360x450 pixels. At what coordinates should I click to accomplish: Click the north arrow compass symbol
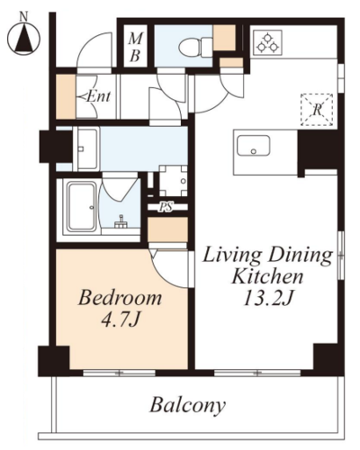tap(23, 39)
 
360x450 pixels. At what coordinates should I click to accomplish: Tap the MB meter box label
tap(135, 47)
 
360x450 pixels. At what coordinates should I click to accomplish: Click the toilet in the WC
tap(195, 47)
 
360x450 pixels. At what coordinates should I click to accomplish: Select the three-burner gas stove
tap(267, 42)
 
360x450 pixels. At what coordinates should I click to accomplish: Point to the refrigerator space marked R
tap(317, 110)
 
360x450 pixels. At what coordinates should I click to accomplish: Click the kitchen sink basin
tap(254, 146)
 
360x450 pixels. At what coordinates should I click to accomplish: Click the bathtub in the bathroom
tap(82, 207)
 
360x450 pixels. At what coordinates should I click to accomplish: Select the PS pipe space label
tap(166, 206)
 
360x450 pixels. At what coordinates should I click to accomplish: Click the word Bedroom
tap(120, 298)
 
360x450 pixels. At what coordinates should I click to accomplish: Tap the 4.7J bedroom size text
tap(121, 319)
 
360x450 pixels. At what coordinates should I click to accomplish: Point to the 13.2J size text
tap(267, 298)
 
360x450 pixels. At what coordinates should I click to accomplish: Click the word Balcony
tap(188, 405)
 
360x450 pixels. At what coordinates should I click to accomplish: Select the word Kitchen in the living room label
tap(267, 276)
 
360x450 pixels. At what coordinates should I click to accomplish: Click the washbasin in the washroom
tap(87, 148)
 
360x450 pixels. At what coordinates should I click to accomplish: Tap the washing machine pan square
tap(173, 181)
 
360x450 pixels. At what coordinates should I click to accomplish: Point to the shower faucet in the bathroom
tap(121, 222)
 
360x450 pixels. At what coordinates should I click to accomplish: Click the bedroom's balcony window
tap(119, 373)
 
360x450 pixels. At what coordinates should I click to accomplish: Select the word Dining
tap(301, 256)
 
